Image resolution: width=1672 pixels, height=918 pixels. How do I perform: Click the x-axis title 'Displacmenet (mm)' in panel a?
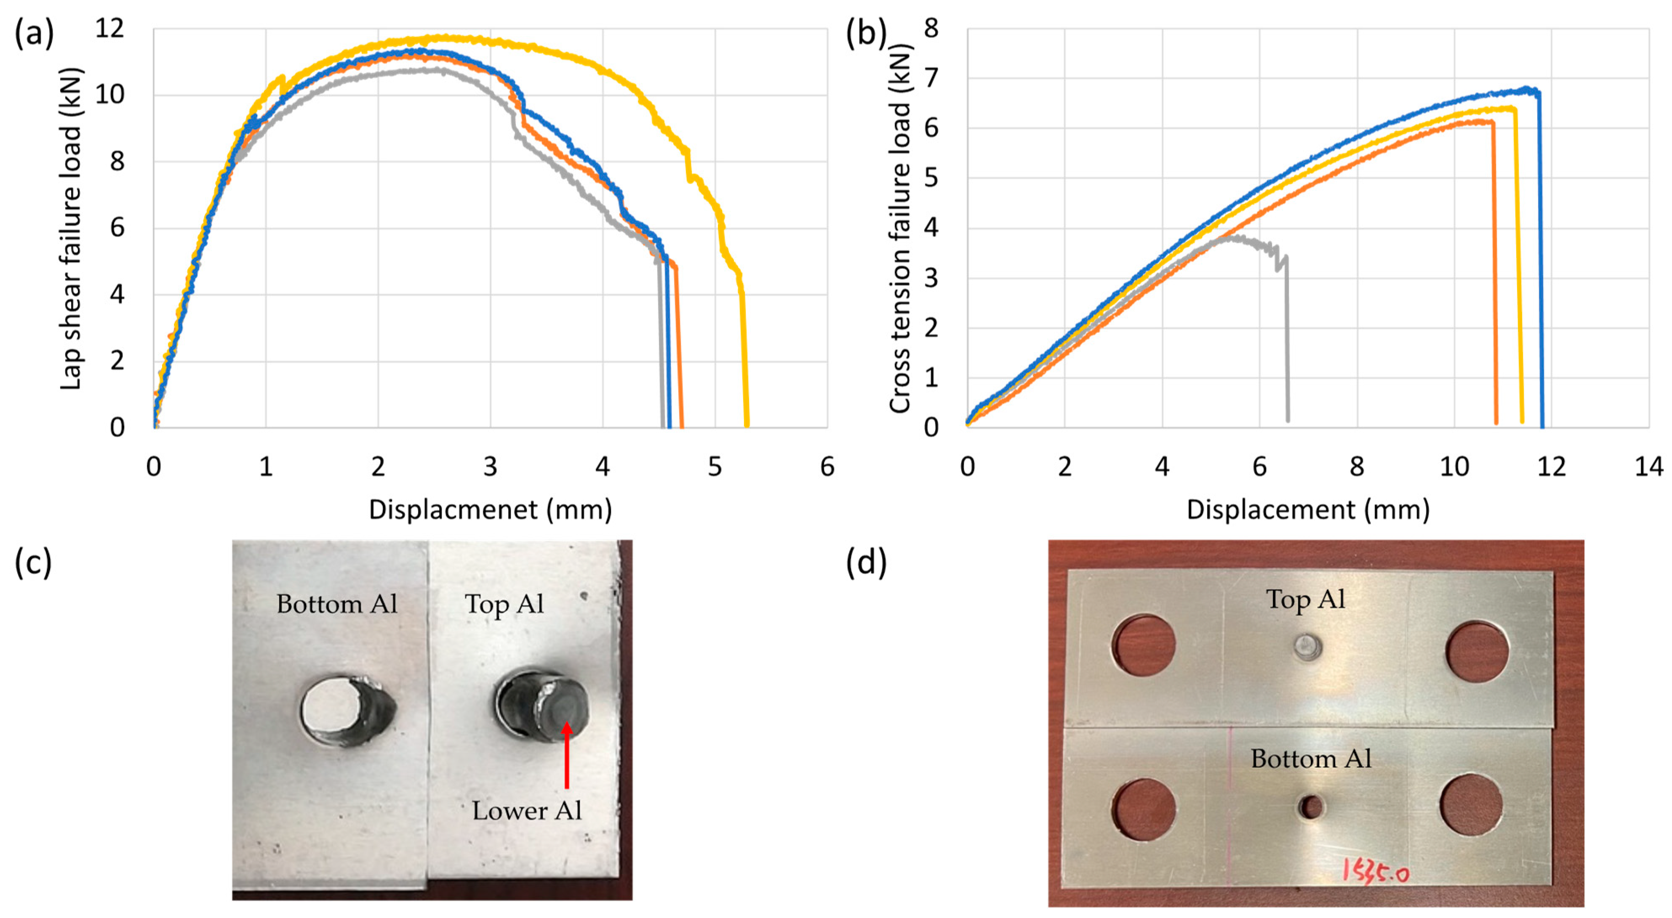[490, 510]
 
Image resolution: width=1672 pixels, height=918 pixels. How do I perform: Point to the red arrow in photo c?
[567, 756]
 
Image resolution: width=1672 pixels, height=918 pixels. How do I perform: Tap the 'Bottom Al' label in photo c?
[337, 605]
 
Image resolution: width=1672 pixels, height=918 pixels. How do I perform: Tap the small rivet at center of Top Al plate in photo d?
[1307, 647]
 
